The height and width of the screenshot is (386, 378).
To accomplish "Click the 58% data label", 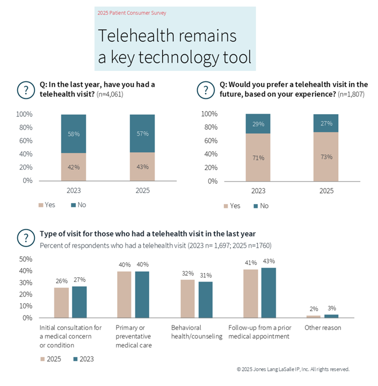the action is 74,134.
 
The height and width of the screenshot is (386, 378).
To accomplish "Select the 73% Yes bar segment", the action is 326,157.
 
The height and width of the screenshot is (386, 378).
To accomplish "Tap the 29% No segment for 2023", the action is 258,124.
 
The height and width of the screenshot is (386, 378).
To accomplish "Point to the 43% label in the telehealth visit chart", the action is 142,167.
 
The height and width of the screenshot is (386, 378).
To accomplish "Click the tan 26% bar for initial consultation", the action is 61,302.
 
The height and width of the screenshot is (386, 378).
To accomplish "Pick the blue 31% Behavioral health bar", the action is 206,300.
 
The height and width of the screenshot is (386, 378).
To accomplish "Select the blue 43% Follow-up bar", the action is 268,293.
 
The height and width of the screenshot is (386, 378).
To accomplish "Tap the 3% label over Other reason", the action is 332,308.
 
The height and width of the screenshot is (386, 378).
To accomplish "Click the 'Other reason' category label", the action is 323,328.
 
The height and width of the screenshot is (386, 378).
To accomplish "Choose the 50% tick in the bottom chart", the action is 26,259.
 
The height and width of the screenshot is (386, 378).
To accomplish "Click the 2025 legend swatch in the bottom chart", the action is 42,359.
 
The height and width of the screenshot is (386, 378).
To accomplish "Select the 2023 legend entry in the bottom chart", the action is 84,359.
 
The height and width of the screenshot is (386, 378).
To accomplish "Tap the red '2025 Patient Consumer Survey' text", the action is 132,13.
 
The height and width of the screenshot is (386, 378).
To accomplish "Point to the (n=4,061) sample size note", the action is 110,94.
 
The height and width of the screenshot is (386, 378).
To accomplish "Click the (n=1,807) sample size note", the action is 351,94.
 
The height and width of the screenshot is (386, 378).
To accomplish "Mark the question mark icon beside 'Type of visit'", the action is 26,238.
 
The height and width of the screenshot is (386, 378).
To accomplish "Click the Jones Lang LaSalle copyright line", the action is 293,369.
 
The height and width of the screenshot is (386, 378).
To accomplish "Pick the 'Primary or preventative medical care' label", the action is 134,336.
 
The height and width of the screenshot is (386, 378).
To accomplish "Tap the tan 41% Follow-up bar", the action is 251,294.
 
